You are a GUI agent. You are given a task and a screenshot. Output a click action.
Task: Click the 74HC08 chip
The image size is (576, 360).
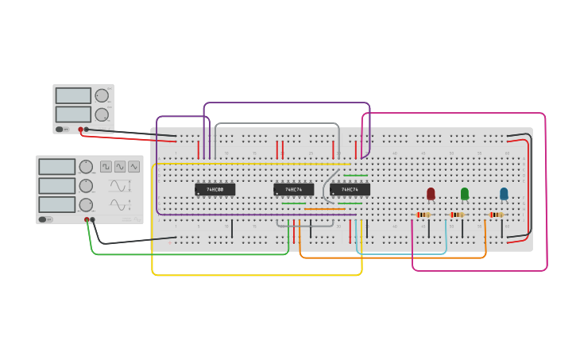[215, 189]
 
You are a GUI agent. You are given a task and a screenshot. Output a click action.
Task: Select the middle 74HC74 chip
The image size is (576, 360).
[293, 189]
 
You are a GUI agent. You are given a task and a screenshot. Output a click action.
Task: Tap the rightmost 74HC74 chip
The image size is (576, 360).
[350, 189]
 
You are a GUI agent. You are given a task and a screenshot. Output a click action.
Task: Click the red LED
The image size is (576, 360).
[431, 193]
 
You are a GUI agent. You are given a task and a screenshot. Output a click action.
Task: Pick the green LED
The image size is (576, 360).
[465, 193]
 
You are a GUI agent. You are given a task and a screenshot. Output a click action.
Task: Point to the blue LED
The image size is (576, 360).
[504, 193]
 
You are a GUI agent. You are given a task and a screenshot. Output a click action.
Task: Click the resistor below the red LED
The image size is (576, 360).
[424, 215]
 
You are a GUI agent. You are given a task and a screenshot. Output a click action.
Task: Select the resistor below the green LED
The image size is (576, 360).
[457, 215]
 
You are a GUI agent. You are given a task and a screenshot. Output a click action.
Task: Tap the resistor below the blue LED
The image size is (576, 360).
[497, 215]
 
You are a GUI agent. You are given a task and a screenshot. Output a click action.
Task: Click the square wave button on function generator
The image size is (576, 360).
[106, 167]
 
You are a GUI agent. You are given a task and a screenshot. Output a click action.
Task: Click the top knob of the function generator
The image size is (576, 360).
[86, 167]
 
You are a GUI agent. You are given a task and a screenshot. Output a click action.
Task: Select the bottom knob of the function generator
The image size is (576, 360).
[86, 205]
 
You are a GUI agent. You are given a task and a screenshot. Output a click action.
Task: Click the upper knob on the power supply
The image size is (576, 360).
[102, 96]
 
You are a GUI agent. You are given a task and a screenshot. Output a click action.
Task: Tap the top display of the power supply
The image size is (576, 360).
[73, 95]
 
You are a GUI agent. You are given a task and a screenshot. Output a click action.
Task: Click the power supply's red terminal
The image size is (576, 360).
[80, 130]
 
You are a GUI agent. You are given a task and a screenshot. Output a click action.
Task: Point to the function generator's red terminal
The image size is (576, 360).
[87, 220]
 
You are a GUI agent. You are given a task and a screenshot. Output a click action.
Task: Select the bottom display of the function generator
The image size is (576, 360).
[56, 204]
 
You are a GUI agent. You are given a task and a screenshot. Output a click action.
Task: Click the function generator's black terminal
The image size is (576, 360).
[93, 220]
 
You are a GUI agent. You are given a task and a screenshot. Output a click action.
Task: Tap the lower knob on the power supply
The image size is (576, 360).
[102, 114]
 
